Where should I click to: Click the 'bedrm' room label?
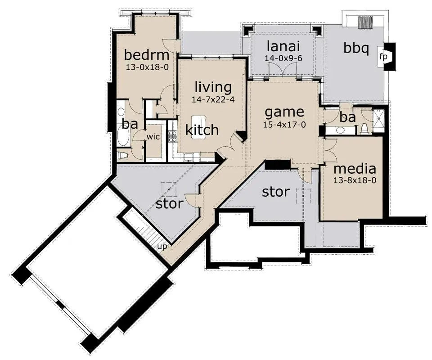click(x=147, y=55)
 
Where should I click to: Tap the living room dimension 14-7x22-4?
click(x=213, y=99)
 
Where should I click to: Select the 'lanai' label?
click(x=283, y=46)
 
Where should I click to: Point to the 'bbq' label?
click(x=356, y=48)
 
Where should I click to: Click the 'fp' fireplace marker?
click(x=383, y=57)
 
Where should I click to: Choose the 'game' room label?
click(x=284, y=112)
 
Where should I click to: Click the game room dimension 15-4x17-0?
click(x=284, y=125)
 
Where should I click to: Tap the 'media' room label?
click(x=355, y=169)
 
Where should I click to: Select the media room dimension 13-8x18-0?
click(x=355, y=180)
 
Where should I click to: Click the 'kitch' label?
click(x=202, y=130)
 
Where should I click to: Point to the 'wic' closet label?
click(x=153, y=137)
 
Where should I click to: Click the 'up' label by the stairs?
click(x=162, y=247)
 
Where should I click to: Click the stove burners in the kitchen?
click(x=173, y=136)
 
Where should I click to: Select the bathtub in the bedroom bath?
click(x=121, y=135)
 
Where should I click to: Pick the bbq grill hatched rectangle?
click(x=365, y=22)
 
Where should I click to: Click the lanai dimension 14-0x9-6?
click(x=283, y=58)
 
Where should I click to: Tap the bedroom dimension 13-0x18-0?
click(x=147, y=67)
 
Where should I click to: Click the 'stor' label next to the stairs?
click(x=170, y=204)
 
